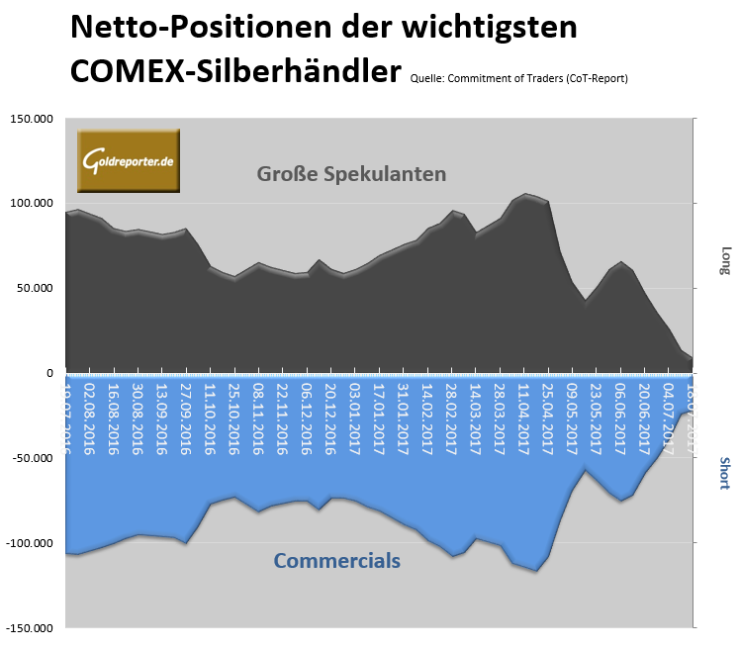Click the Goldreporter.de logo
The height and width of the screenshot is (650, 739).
(x=128, y=160)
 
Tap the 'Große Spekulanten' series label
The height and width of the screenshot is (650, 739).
(x=351, y=174)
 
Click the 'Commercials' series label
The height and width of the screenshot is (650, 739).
(x=336, y=561)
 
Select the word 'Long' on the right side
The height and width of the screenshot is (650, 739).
(x=725, y=260)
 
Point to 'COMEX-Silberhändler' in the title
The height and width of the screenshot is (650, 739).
(x=235, y=70)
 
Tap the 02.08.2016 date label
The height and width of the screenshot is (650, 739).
(x=90, y=419)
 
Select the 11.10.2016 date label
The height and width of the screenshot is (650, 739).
(x=210, y=419)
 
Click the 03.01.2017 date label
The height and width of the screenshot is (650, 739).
(x=354, y=419)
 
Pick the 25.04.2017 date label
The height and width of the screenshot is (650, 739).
(x=547, y=419)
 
